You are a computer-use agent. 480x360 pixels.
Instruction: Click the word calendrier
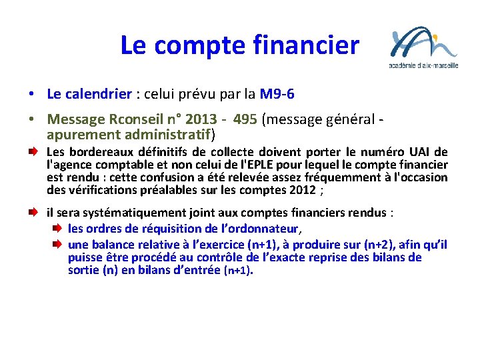coord(99,94)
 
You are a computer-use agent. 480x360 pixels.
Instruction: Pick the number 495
coord(247,119)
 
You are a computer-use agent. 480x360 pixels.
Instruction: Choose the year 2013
coord(201,119)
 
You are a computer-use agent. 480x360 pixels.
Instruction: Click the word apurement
coord(81,134)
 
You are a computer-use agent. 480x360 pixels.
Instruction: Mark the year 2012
coord(303,190)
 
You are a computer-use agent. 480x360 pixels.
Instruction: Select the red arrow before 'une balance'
coord(58,244)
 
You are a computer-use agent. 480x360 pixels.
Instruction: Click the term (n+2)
coord(380,244)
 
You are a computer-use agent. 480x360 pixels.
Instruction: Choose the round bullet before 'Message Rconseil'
coord(32,120)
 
